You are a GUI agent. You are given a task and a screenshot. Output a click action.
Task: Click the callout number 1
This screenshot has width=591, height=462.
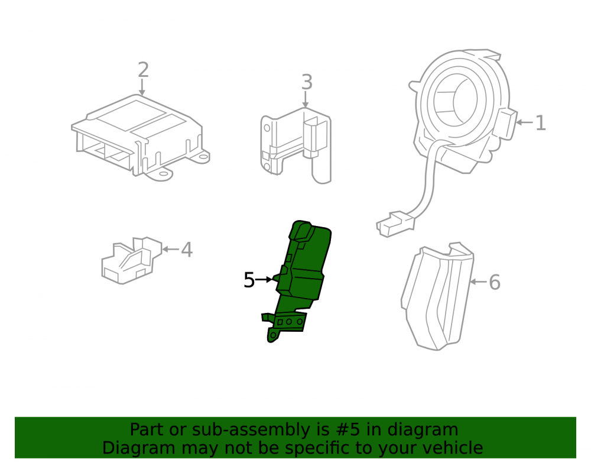(541, 123)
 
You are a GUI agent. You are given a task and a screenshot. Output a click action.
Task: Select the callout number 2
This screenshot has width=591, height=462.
(143, 70)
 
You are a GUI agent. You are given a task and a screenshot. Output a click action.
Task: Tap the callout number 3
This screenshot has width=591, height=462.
(307, 82)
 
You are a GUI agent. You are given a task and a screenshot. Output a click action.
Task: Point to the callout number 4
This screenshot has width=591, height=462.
(187, 250)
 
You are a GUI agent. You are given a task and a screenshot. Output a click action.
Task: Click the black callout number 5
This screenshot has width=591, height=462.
(249, 280)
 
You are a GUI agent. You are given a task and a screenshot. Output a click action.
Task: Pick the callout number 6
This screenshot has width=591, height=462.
(495, 282)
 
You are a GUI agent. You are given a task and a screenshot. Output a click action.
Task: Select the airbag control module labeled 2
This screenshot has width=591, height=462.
(140, 138)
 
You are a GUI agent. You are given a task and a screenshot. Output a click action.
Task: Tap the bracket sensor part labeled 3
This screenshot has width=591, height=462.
(296, 145)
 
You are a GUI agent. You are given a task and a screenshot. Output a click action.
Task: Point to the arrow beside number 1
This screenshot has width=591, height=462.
(524, 122)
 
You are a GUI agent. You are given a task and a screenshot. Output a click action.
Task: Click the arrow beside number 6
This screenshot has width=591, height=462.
(478, 282)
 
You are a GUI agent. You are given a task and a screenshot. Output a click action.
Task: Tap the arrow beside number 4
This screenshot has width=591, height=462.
(170, 249)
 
